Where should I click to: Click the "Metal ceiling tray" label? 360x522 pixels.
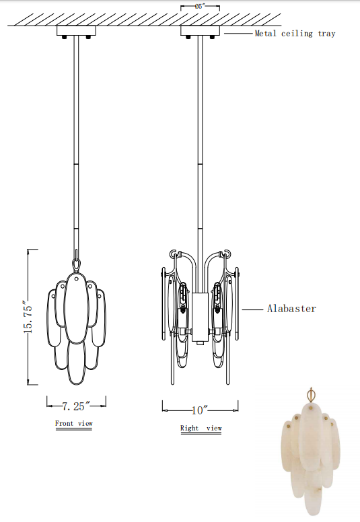(294, 34)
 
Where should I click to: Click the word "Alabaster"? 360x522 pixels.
(291, 309)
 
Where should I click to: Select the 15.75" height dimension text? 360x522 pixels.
(28, 317)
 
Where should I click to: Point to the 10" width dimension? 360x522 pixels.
(201, 409)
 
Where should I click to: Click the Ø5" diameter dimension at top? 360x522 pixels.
(200, 6)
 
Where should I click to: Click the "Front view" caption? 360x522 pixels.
(74, 424)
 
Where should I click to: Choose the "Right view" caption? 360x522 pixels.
(201, 428)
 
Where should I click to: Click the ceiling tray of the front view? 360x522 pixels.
(76, 30)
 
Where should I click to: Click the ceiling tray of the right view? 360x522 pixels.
(200, 30)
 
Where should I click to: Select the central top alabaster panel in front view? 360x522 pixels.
(76, 306)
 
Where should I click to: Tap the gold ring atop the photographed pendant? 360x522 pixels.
(311, 393)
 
